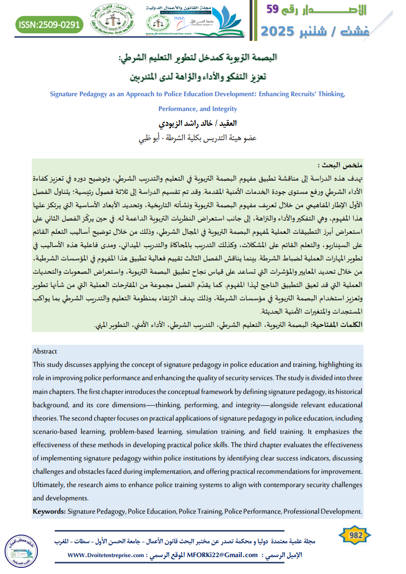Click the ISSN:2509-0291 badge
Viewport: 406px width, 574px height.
pos(49,24)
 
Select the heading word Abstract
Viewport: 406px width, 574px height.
pos(45,351)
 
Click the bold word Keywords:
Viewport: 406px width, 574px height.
pos(49,511)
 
